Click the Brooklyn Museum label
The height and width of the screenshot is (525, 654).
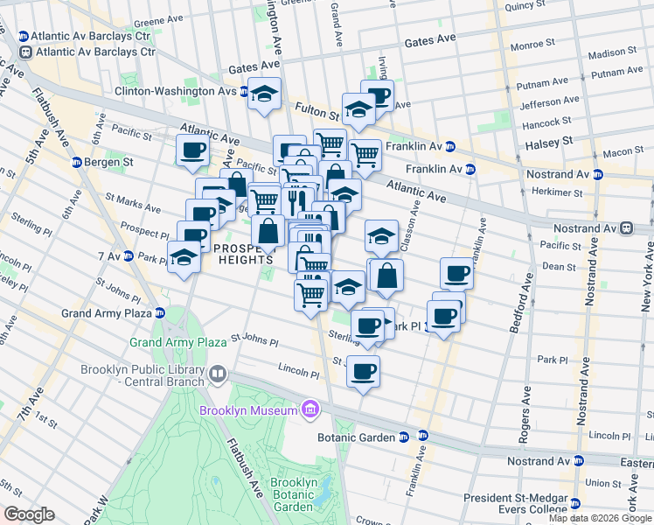[x=247, y=410]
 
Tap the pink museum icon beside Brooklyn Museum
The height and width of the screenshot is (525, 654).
[x=309, y=409]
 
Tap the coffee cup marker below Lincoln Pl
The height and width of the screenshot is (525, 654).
[x=363, y=371]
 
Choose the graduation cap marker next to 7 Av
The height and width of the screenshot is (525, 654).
[x=184, y=257]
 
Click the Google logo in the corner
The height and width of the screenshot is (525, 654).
[x=28, y=514]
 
